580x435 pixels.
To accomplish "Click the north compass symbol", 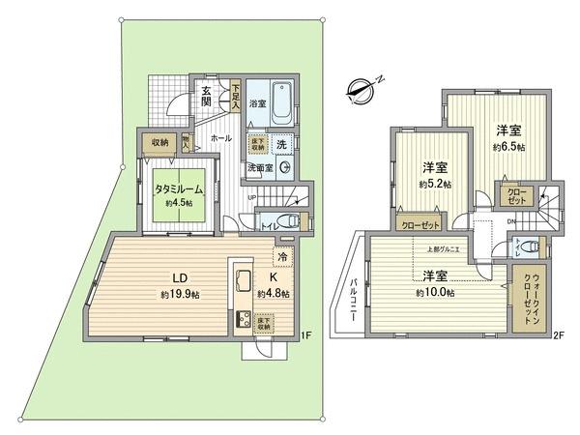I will coord(361,93).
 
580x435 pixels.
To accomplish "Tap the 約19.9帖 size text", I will coord(180,293).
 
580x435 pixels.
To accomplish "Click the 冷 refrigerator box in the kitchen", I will coord(281,258).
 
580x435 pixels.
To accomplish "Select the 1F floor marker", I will coord(304,335).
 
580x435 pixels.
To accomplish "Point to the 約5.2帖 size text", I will coord(431,184).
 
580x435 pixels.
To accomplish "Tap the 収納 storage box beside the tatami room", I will coord(159,142).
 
